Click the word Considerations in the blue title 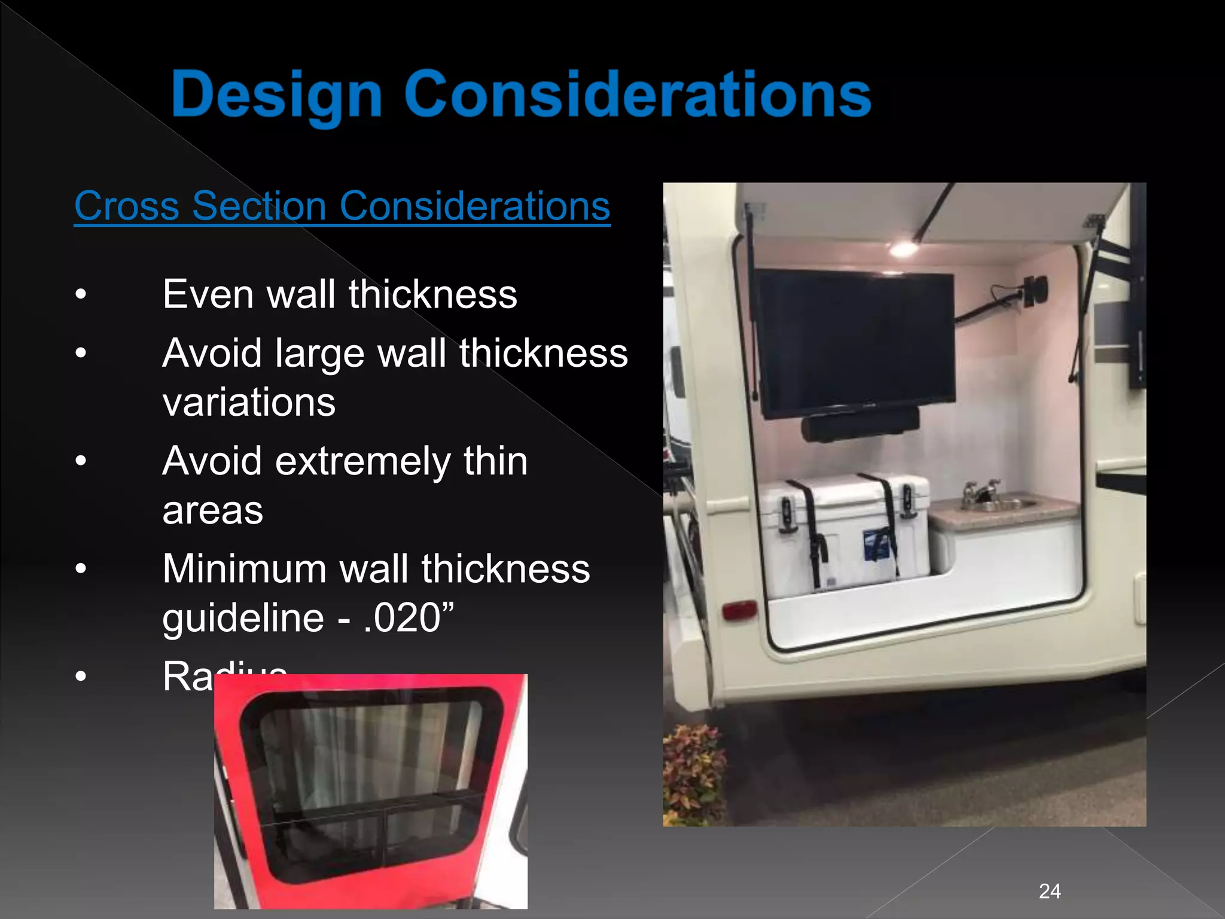(x=638, y=95)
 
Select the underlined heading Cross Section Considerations (x=342, y=206)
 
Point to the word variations (x=249, y=402)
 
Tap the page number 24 (x=1050, y=891)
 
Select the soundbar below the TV (x=860, y=424)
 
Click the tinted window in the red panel (x=371, y=784)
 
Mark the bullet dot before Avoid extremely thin (x=81, y=461)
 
